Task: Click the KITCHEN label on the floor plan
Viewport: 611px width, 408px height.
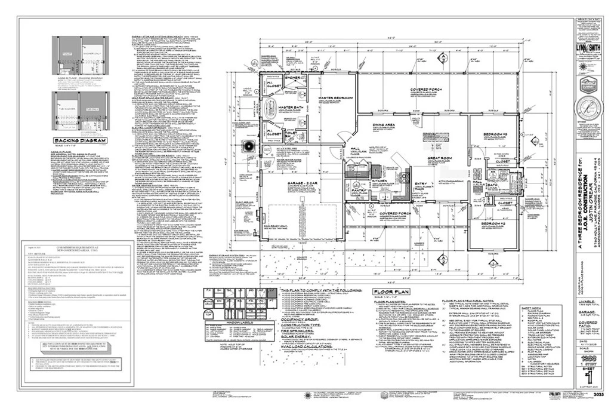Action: [x=380, y=179]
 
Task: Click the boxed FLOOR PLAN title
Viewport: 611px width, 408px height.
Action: [x=388, y=292]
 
